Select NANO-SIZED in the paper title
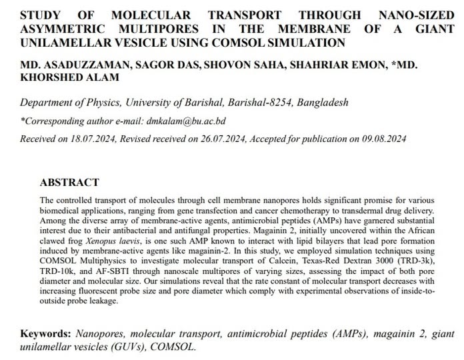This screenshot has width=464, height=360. (x=417, y=15)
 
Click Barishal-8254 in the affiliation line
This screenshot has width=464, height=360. (x=259, y=103)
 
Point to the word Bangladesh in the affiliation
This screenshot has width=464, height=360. (x=323, y=103)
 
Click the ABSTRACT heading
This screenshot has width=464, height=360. (x=69, y=183)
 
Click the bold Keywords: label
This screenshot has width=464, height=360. (x=47, y=333)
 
